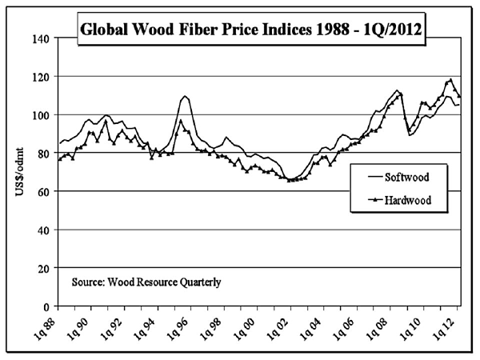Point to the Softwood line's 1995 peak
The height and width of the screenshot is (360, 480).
(185, 96)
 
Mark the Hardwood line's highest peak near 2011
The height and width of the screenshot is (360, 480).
(450, 79)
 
